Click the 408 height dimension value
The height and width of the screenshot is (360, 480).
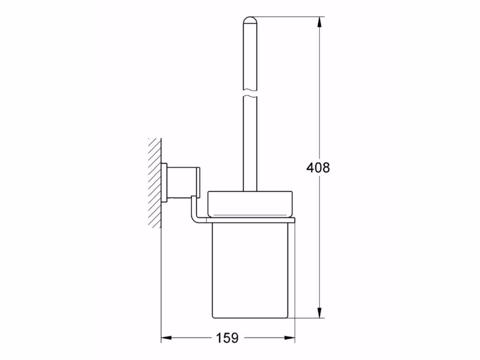318,167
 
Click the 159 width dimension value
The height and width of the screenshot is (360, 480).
227,338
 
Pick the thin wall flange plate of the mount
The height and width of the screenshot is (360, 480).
164,182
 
